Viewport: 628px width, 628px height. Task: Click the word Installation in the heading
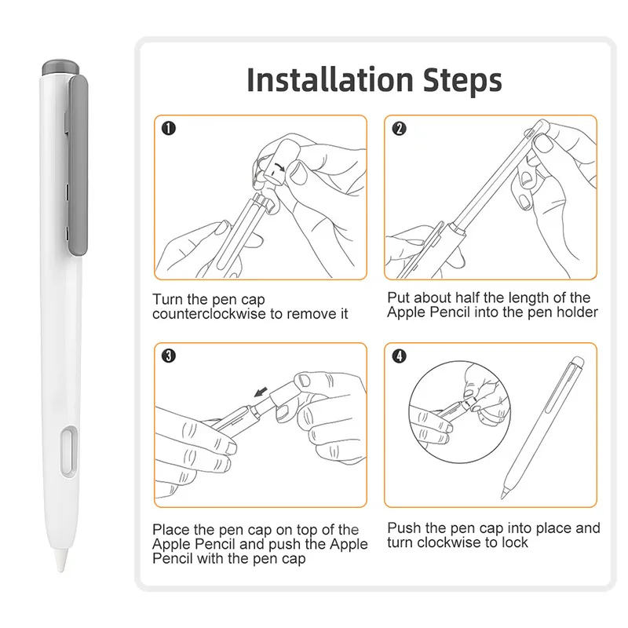point(330,80)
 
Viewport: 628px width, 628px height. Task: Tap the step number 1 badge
point(169,128)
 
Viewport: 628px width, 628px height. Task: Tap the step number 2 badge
point(399,128)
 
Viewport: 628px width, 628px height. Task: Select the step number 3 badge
point(169,356)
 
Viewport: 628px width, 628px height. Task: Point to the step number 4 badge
point(399,356)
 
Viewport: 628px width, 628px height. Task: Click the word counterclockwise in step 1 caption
point(209,313)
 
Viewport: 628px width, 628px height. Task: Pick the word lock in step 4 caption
point(515,542)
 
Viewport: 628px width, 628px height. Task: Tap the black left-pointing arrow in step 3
point(261,392)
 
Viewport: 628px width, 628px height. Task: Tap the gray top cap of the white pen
point(61,68)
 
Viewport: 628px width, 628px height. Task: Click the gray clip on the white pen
point(78,165)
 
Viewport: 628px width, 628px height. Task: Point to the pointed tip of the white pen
point(61,570)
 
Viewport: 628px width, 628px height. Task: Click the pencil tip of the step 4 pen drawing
point(503,496)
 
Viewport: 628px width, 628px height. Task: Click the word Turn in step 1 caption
point(167,299)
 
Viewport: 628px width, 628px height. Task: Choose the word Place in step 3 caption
point(170,529)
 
